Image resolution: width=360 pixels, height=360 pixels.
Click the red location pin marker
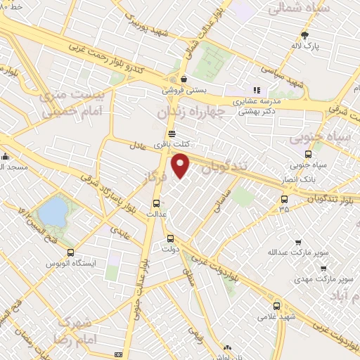point(181,166)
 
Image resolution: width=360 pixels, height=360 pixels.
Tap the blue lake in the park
point(51,210)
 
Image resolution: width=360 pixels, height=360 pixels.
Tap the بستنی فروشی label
point(183,90)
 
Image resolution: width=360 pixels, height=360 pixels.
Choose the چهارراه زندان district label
point(191,112)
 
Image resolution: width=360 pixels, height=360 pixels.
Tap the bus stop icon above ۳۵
point(283,200)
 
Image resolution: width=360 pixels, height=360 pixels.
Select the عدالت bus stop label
point(155,213)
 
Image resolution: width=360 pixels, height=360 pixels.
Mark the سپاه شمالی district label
point(295,10)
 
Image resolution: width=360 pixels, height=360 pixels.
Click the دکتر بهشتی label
point(257,111)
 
